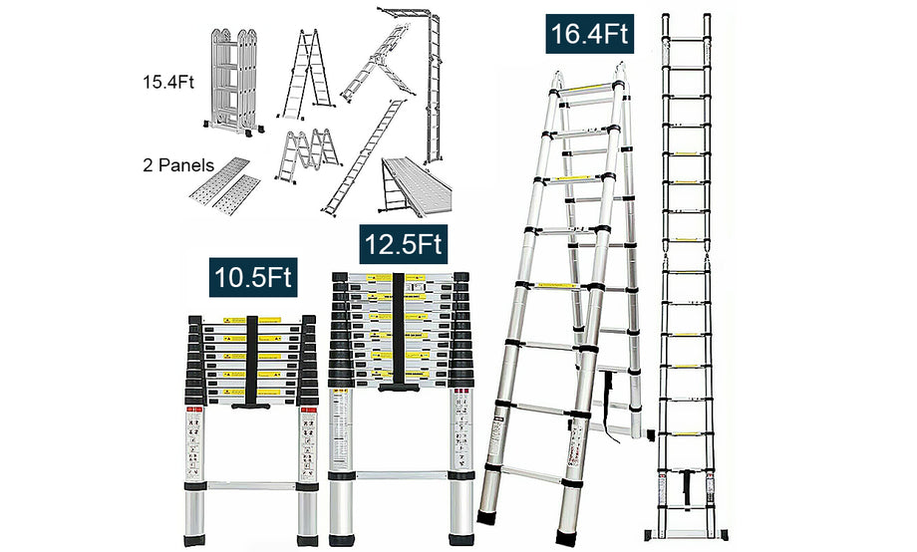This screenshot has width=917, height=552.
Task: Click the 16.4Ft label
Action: [590, 34]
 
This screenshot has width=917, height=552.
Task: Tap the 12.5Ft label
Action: [404, 242]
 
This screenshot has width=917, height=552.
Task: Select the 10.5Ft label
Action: [253, 276]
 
